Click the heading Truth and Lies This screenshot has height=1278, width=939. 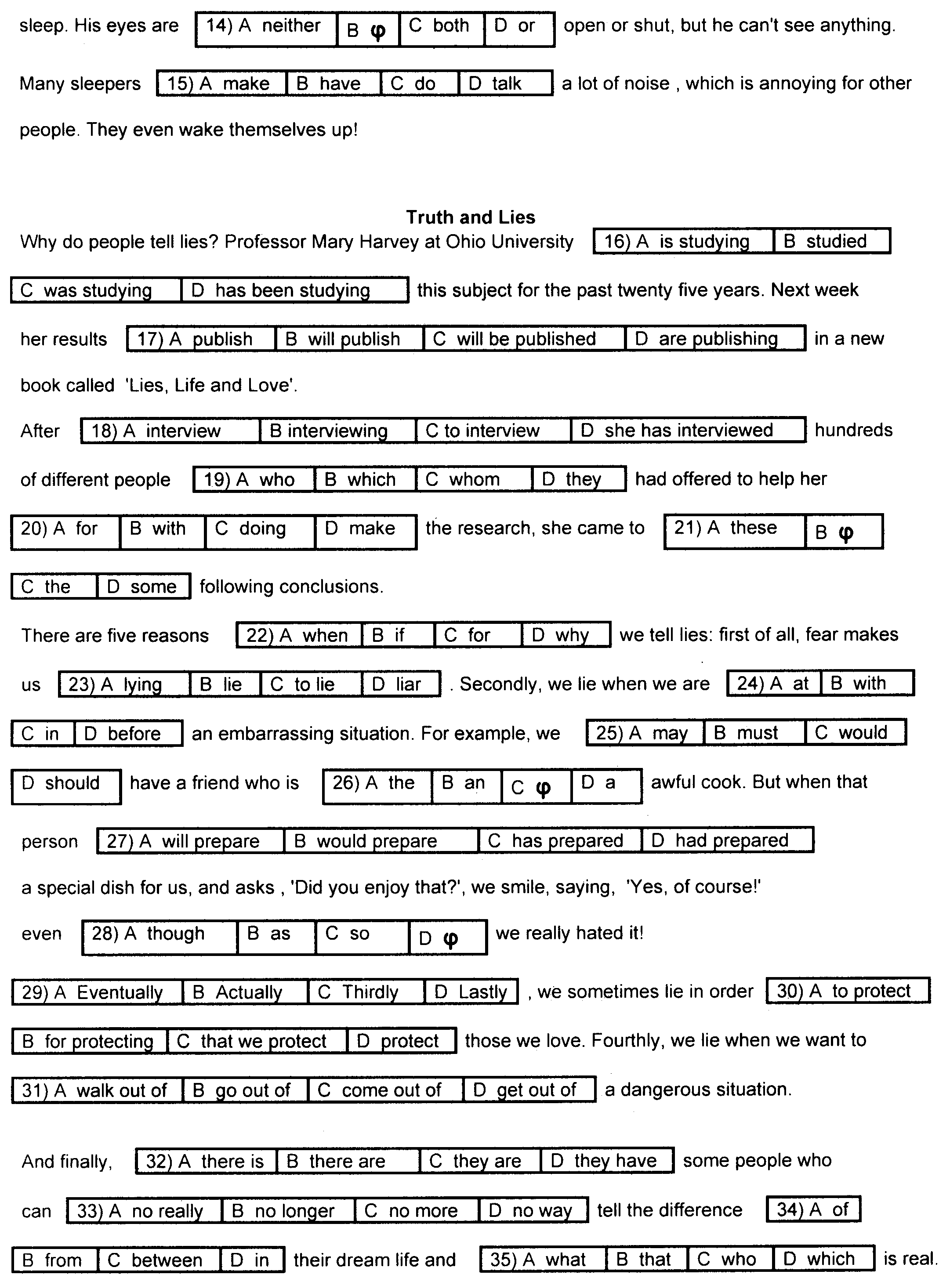point(470,217)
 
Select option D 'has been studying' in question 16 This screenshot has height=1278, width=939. point(294,290)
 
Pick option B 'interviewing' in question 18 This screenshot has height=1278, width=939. point(337,430)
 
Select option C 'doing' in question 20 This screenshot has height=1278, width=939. point(260,529)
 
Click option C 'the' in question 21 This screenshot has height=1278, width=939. point(54,587)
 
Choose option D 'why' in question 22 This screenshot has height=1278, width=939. point(566,635)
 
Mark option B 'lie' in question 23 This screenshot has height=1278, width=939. point(225,684)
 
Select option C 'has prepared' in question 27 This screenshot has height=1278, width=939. point(560,840)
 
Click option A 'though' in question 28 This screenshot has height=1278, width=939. point(159,934)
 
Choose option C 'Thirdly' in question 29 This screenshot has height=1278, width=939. point(366,992)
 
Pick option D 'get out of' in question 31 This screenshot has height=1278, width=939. point(529,1090)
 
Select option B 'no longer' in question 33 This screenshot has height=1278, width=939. point(288,1210)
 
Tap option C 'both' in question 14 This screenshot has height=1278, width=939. point(442,25)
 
